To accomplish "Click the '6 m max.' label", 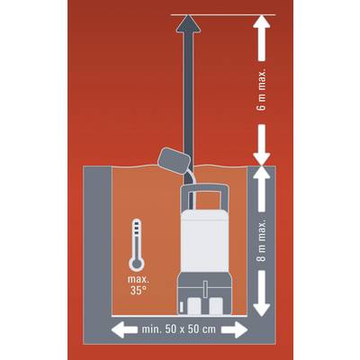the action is point(262,91).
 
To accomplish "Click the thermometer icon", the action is point(137,245).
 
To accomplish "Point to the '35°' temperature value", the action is point(139,291).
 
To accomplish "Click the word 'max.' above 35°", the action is point(139,280).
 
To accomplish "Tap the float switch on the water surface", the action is point(175,162).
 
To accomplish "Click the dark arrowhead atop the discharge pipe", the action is point(188,22).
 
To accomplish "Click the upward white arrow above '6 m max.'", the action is point(262,38).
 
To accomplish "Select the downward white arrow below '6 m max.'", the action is point(262,145).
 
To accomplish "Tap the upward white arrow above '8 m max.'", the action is point(262,190).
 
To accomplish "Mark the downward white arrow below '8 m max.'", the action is point(262,293).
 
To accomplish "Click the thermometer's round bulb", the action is point(137,264).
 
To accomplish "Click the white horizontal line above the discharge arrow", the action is point(222,14).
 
